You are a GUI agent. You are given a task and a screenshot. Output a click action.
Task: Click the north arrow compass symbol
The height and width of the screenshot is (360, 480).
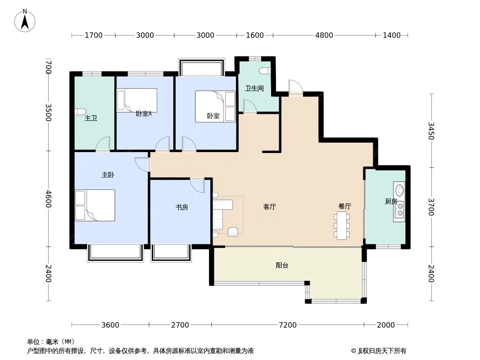25,20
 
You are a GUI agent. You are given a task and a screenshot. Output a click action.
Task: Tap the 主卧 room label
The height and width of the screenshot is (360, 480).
108,175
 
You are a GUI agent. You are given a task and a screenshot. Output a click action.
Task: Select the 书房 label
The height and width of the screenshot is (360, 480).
181,207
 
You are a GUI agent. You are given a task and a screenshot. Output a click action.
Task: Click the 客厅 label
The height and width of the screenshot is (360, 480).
269,207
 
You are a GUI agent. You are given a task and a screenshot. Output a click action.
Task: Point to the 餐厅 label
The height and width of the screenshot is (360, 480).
344,206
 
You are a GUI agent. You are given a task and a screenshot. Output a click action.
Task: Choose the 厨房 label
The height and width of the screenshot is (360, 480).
391,201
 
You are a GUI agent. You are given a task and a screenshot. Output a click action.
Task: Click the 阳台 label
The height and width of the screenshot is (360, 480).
282,265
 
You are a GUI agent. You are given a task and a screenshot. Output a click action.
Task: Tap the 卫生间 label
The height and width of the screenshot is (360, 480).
254,89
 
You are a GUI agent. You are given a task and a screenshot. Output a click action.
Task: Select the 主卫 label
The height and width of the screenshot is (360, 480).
91,118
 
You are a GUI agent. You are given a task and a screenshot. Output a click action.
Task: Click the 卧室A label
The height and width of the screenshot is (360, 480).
144,114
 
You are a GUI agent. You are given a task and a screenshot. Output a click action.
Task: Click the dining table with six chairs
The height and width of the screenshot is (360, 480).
342,225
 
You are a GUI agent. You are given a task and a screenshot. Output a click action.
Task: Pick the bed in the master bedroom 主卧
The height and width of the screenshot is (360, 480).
95,205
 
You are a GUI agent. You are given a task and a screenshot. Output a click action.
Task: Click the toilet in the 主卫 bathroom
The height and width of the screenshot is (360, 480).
81,112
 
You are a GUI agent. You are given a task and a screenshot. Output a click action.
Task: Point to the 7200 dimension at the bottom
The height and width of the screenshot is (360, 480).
288,325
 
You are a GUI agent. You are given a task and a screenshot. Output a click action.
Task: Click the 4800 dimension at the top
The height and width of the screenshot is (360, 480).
324,36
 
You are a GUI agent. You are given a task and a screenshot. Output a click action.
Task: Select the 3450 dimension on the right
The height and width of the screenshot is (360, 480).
430,130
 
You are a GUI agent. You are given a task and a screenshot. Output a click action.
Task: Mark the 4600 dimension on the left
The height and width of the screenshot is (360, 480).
48,199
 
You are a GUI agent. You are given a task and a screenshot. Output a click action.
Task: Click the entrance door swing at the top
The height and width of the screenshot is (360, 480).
295,87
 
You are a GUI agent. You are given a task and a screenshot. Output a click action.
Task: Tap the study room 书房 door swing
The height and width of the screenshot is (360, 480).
197,184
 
